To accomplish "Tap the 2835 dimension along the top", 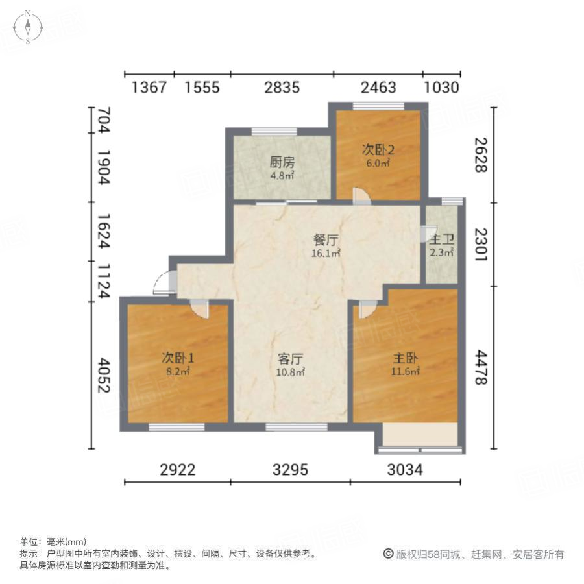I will click(x=282, y=88).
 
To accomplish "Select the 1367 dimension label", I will click(x=149, y=88).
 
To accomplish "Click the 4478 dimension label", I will click(x=480, y=368).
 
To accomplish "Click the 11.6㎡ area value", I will click(x=404, y=372).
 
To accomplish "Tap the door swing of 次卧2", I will click(x=361, y=195).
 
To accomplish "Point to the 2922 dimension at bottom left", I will click(x=178, y=470).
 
